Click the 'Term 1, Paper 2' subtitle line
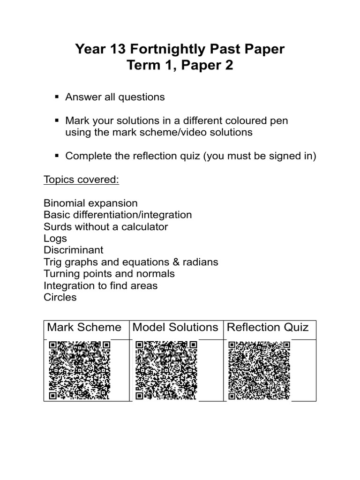tap(180, 67)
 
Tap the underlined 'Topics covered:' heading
tap(82, 180)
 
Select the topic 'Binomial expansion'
tap(90, 203)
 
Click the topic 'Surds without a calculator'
tap(105, 227)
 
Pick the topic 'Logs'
tap(55, 239)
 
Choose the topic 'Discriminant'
tap(74, 250)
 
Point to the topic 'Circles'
tap(60, 297)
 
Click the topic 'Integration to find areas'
tap(100, 285)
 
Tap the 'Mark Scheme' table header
tap(84, 327)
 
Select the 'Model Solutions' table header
tap(175, 327)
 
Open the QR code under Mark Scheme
tap(79, 370)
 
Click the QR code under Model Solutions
tap(166, 370)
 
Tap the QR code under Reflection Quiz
tap(259, 370)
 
